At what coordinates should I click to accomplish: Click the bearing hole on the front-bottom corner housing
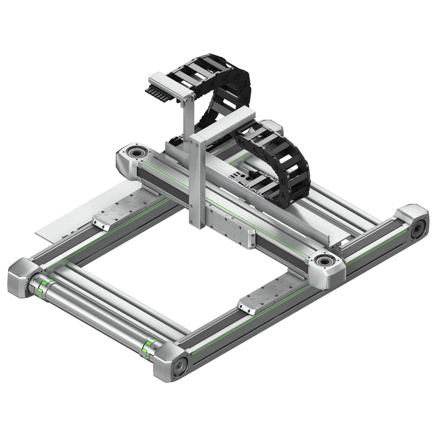pos(181,366)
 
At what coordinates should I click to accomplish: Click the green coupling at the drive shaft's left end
pos(41,287)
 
